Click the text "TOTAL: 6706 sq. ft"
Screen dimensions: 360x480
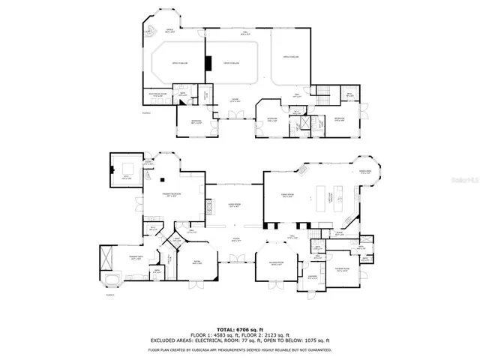(240, 329)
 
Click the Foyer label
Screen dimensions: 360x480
(235, 240)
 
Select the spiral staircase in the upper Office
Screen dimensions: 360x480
(150, 31)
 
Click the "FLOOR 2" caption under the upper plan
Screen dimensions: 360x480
(147, 112)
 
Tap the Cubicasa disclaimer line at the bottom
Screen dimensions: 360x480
(240, 349)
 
